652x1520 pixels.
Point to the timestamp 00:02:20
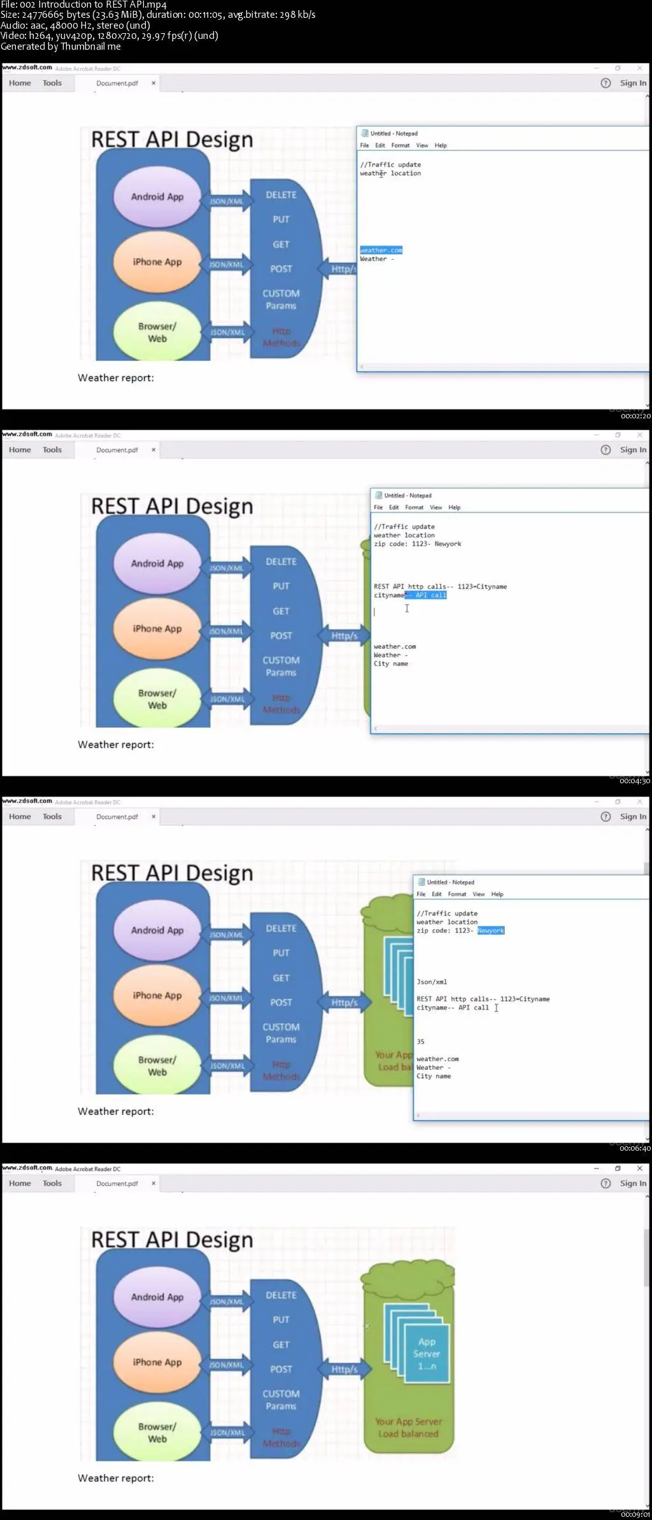635,416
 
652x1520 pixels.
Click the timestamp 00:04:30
635,781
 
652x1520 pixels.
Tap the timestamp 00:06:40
635,1148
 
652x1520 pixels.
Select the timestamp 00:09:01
635,1514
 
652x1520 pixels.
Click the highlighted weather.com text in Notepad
381,250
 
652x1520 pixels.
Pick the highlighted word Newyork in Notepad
490,930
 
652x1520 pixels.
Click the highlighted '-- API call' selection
426,595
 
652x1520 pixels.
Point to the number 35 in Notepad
420,1042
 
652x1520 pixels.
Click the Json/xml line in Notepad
432,982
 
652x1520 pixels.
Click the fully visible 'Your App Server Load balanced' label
408,1427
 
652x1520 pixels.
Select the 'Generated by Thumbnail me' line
60,46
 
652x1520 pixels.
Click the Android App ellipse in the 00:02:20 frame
157,197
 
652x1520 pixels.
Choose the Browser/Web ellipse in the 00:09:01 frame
157,1432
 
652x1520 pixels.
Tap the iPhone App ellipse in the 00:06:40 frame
157,995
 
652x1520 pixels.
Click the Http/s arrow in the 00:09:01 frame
344,1369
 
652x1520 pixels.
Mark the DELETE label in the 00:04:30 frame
281,562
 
